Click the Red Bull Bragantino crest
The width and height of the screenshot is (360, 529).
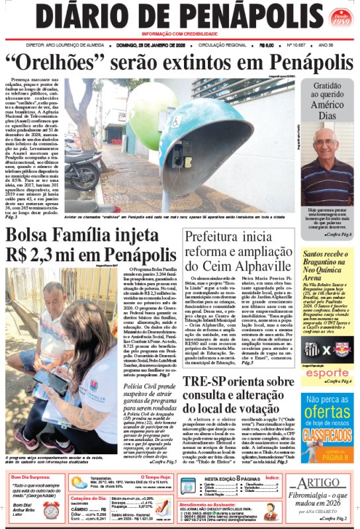pos(342,350)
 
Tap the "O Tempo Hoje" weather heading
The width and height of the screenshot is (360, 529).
pos(158,476)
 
